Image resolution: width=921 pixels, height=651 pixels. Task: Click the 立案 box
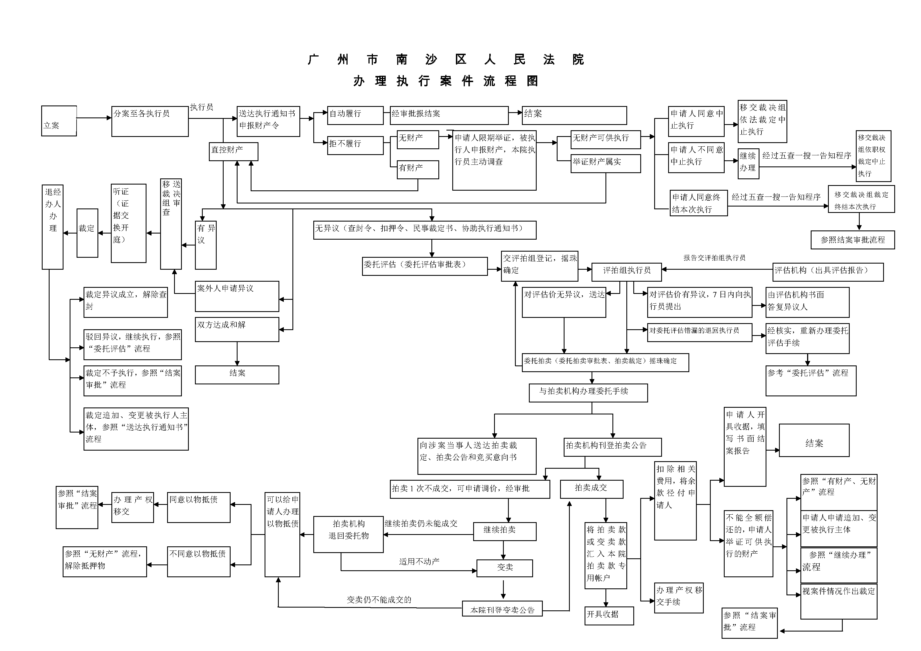(59, 121)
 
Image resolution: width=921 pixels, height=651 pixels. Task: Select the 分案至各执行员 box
(150, 121)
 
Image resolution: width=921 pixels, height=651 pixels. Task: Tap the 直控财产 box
(233, 151)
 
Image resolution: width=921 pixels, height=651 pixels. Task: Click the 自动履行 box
(355, 116)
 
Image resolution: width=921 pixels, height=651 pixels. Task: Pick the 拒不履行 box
(355, 145)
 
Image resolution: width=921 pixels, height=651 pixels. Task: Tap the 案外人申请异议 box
(237, 296)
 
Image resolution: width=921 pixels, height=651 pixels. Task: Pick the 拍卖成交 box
(591, 489)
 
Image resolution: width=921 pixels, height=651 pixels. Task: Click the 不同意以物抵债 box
(198, 561)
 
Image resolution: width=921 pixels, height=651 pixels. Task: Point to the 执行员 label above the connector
(201, 107)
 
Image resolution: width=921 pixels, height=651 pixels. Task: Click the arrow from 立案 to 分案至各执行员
(94, 118)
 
